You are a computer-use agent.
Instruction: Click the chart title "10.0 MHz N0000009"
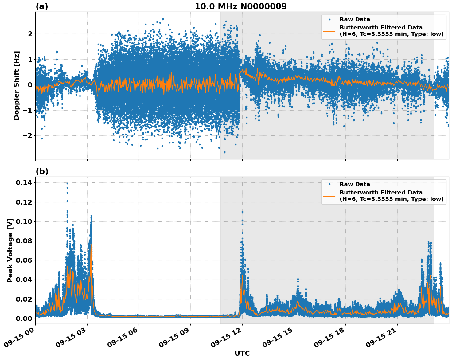[x=240, y=6]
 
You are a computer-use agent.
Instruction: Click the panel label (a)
[x=42, y=6]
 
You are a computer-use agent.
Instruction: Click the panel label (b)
[x=42, y=171]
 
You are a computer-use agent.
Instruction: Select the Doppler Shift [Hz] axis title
[x=17, y=85]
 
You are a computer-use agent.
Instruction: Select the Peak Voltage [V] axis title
[x=10, y=250]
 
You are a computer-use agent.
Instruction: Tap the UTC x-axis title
[x=242, y=353]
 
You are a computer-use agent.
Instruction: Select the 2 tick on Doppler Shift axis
[x=30, y=34]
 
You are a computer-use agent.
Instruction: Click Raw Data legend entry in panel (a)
[x=355, y=20]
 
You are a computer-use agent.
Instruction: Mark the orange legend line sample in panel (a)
[x=329, y=31]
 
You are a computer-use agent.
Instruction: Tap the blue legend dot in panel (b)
[x=329, y=184]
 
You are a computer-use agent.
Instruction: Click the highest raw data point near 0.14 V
[x=67, y=183]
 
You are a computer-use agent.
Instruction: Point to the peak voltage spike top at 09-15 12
[x=242, y=212]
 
